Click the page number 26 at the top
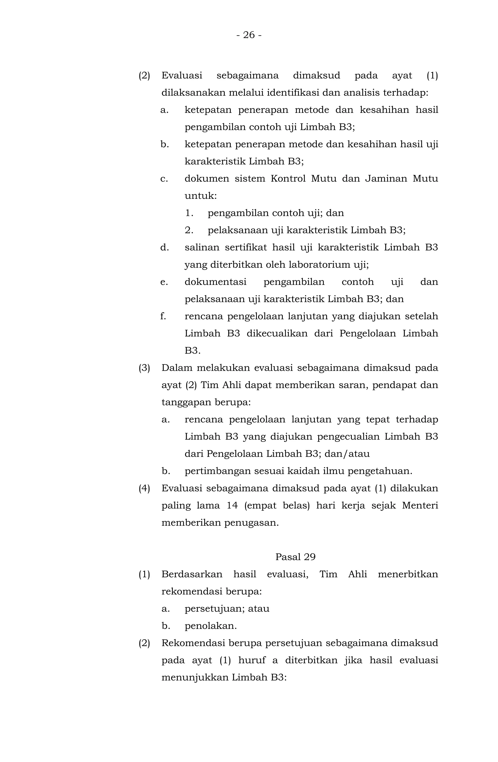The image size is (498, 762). pyautogui.click(x=249, y=35)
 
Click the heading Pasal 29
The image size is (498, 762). pyautogui.click(x=295, y=557)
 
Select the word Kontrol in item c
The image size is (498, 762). pyautogui.click(x=288, y=178)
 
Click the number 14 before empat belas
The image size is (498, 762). pyautogui.click(x=232, y=505)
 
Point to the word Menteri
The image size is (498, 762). pyautogui.click(x=420, y=505)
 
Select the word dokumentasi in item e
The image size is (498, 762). pyautogui.click(x=215, y=282)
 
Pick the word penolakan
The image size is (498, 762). pyautogui.click(x=211, y=626)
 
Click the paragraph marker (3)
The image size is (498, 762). pyautogui.click(x=144, y=368)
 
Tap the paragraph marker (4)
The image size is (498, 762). pyautogui.click(x=144, y=488)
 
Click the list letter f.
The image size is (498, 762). pyautogui.click(x=163, y=316)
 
